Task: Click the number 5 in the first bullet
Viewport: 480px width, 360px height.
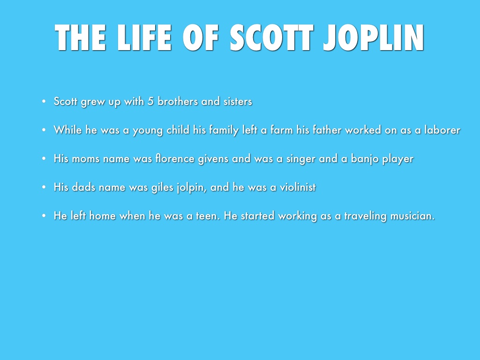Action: pyautogui.click(x=150, y=101)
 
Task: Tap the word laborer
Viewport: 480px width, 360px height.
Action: pyautogui.click(x=442, y=130)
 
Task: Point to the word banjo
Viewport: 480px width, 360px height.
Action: pyautogui.click(x=365, y=159)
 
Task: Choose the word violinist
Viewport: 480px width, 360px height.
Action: pyautogui.click(x=292, y=187)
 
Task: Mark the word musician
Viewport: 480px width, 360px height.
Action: pyautogui.click(x=410, y=216)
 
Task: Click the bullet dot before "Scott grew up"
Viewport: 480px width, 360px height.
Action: pyautogui.click(x=43, y=101)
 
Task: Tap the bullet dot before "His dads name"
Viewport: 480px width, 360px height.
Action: pyautogui.click(x=43, y=187)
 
